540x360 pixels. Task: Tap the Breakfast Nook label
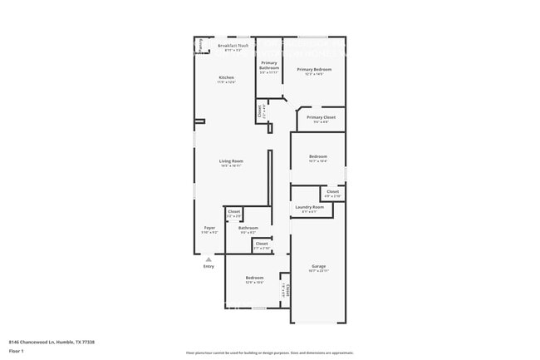233,46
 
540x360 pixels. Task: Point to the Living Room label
231,160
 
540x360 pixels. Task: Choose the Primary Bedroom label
314,69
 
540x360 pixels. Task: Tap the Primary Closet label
320,117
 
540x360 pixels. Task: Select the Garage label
318,266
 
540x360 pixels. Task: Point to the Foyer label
209,227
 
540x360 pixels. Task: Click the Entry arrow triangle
209,259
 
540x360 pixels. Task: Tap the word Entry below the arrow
209,266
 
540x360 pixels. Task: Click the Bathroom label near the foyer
248,227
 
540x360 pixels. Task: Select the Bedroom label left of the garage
254,277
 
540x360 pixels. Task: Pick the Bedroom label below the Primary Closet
318,156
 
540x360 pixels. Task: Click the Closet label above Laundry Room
332,191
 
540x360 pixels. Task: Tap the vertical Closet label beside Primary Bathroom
260,110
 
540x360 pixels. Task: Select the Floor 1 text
17,351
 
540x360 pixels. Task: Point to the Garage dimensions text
318,271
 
